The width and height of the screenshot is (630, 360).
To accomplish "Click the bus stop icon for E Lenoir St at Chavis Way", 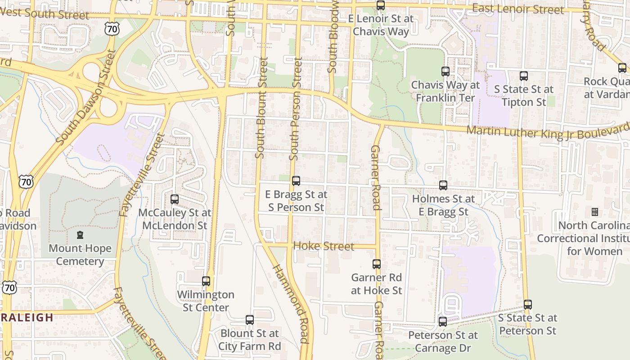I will tap(381, 5).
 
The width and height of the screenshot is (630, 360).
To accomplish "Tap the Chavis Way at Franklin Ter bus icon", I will tap(445, 71).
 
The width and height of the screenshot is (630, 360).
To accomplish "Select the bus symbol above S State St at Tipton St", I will tap(523, 76).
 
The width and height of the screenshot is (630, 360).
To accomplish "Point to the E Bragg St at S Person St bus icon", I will tap(296, 181).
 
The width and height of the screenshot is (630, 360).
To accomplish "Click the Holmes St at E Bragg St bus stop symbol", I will tap(443, 185).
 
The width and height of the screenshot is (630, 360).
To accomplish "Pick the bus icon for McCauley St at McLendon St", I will tap(175, 199).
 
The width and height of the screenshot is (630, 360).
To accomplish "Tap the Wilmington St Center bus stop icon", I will tap(206, 281).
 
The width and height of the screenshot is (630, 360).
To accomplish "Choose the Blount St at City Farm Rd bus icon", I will tap(250, 320).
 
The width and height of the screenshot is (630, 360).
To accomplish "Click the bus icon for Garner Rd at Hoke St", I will tap(377, 264).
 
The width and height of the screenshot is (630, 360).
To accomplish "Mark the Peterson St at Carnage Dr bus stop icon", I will tap(443, 322).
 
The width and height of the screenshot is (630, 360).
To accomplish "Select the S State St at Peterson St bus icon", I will tap(528, 305).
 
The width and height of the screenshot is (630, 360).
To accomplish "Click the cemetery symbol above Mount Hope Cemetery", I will tap(80, 234).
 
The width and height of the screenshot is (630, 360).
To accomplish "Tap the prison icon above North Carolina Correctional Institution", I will tap(594, 211).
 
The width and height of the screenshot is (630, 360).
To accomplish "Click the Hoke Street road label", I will tap(324, 246).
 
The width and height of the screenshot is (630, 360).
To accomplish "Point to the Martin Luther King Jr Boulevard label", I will tap(547, 130).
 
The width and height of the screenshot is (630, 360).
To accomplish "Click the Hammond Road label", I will tap(292, 304).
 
